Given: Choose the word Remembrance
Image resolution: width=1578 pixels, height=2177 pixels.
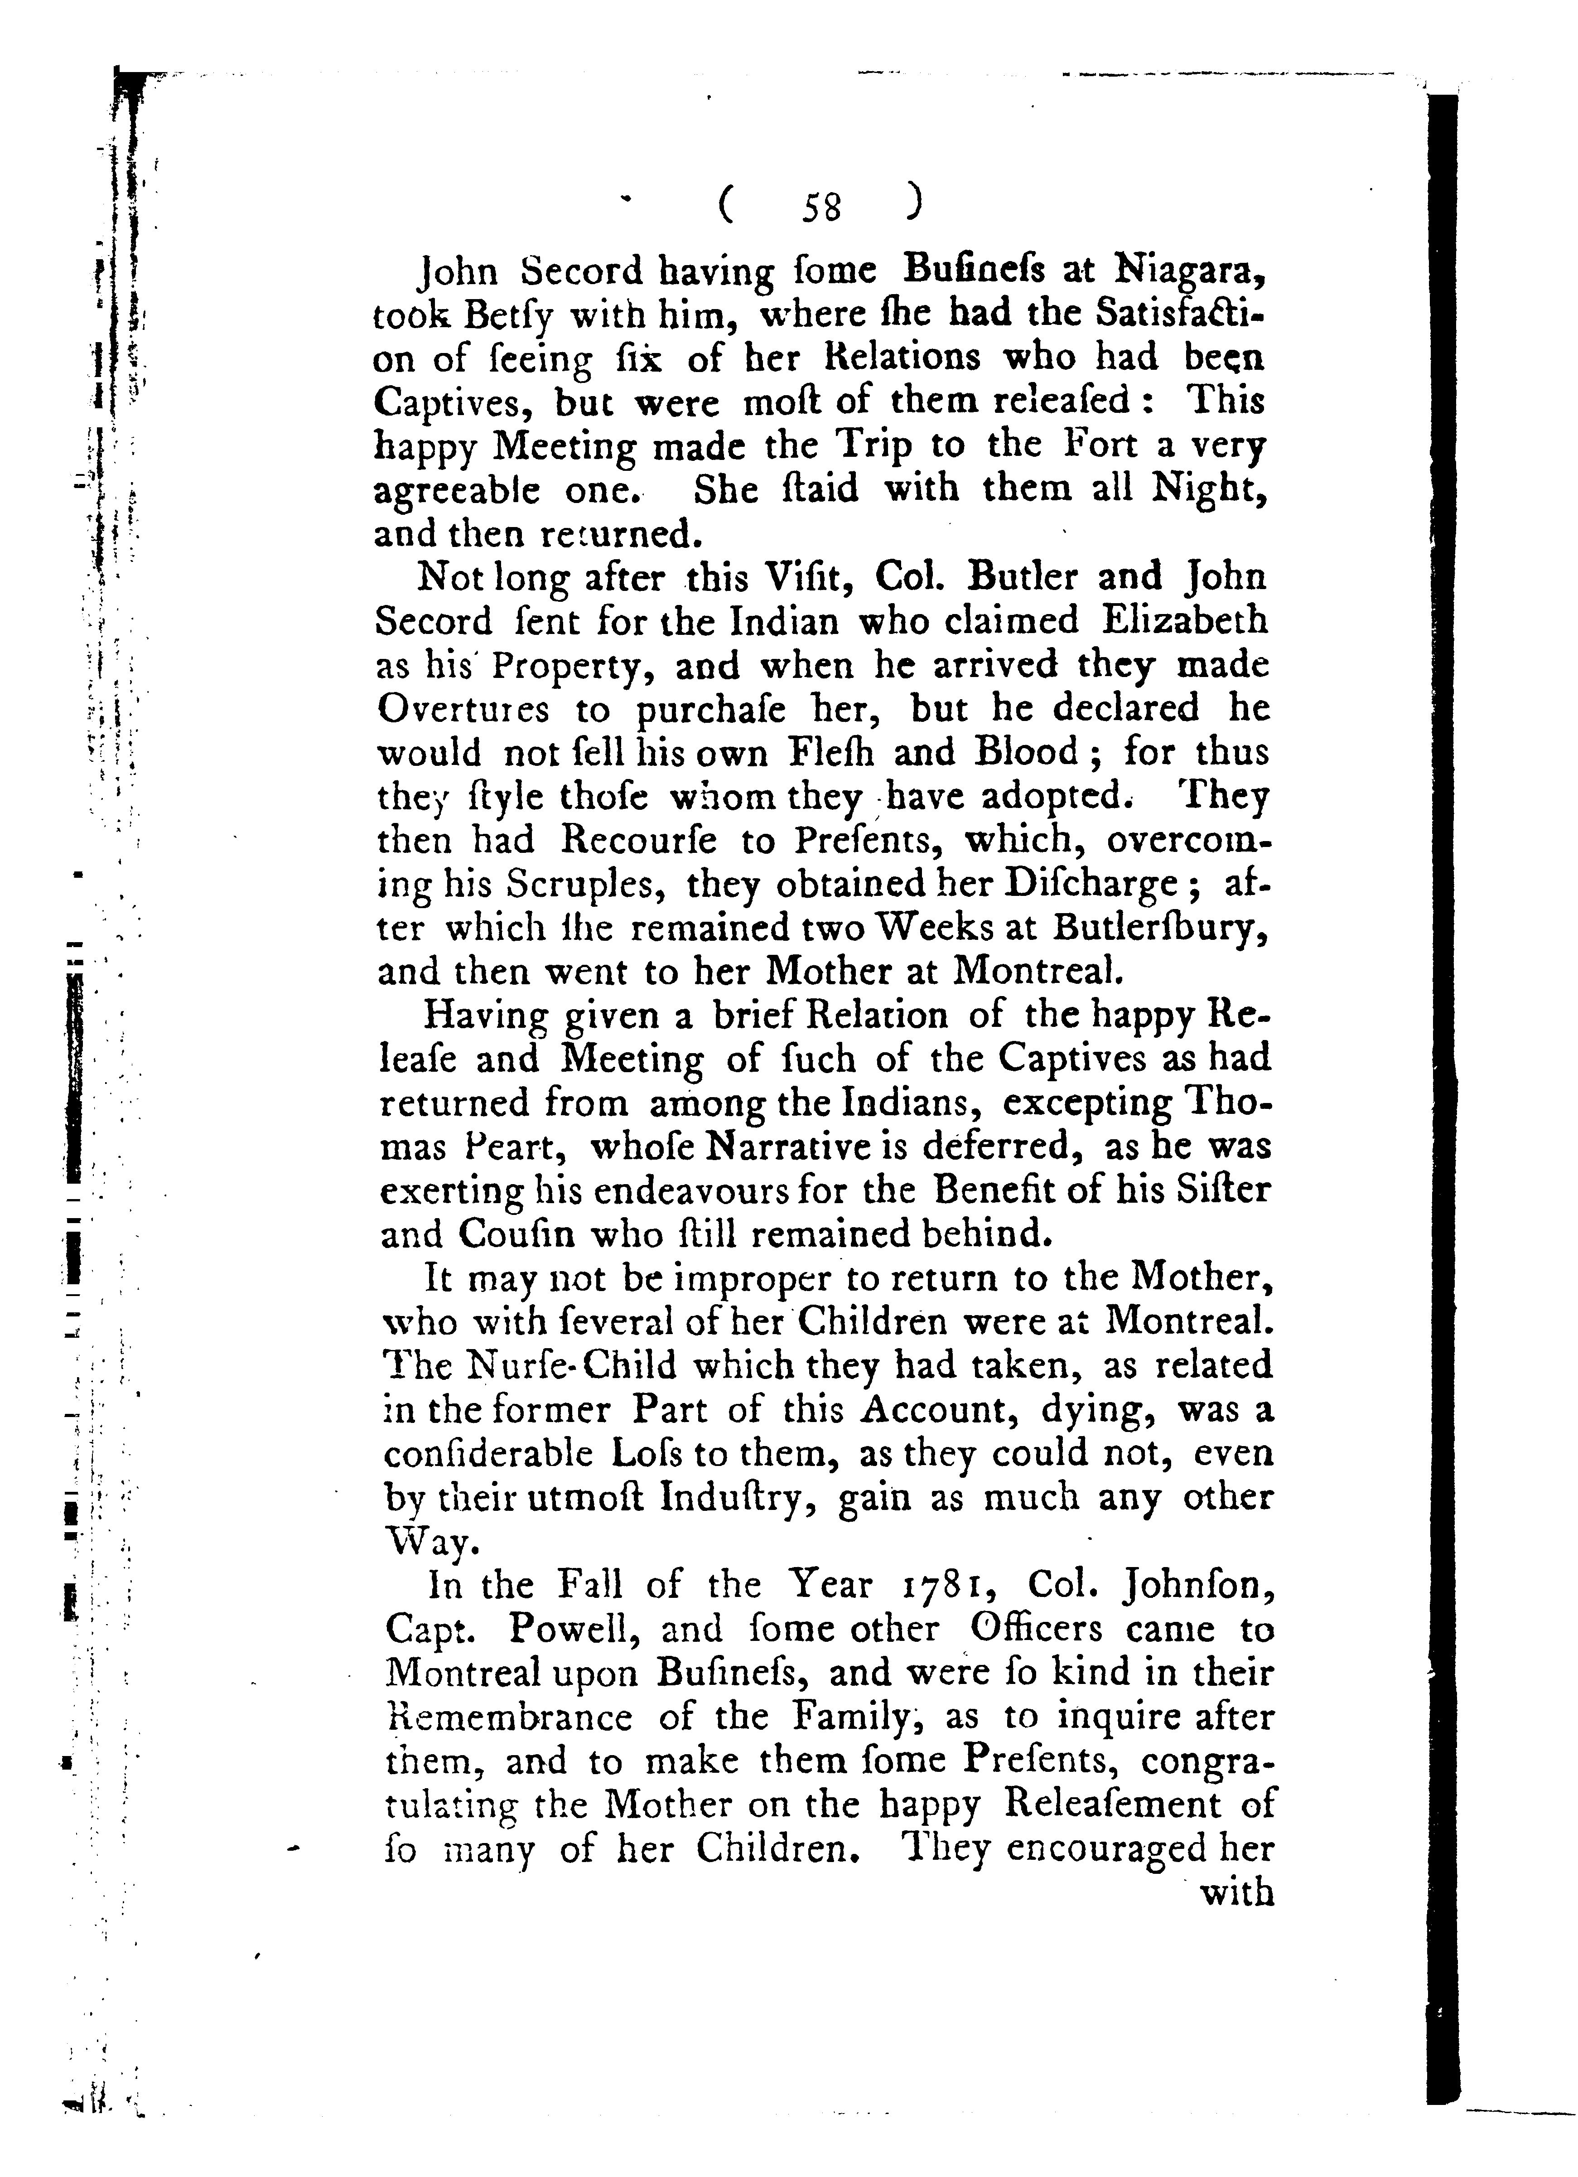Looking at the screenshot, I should pyautogui.click(x=509, y=1717).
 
